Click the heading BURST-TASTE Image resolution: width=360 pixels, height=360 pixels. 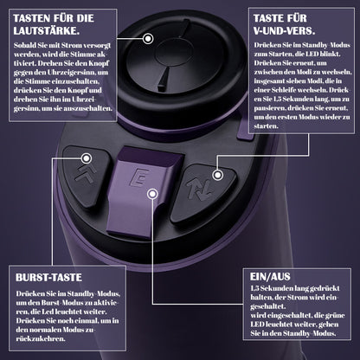[48, 278]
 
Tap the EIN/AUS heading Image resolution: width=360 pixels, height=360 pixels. [270, 277]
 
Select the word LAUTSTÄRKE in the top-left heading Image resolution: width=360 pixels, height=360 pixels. [46, 31]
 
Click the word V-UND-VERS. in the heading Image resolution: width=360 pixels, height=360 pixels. [284, 31]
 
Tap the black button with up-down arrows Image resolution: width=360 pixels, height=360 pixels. [203, 194]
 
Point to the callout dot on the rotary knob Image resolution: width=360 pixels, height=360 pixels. [148, 38]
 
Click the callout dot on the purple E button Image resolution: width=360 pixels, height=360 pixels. [152, 194]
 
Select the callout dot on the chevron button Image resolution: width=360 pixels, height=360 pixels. [87, 158]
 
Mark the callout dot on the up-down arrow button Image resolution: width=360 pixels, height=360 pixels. [218, 175]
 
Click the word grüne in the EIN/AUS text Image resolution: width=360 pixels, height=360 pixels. [336, 315]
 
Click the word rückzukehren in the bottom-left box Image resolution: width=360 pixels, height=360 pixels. [41, 338]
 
